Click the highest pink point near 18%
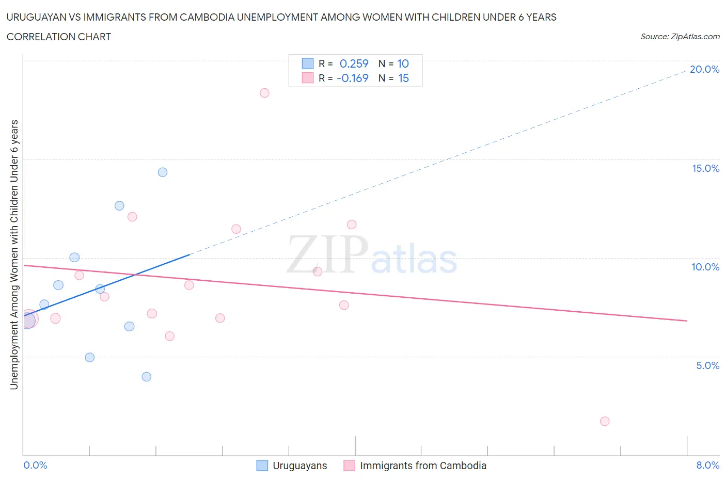coord(264,93)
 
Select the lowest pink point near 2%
coord(605,421)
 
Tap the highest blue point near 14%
coord(163,172)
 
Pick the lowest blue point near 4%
coord(147,377)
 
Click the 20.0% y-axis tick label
coord(704,69)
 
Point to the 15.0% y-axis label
coord(705,168)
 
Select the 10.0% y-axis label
coord(705,267)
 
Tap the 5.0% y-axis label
coord(707,365)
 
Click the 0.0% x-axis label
coord(36,465)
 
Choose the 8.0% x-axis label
coord(707,465)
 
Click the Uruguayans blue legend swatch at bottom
coord(262,466)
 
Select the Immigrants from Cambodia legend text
coord(423,466)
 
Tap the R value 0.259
coord(354,63)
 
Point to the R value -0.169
coord(352,78)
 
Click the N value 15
coord(403,78)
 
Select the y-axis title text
coord(14,254)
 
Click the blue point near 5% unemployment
coord(90,357)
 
